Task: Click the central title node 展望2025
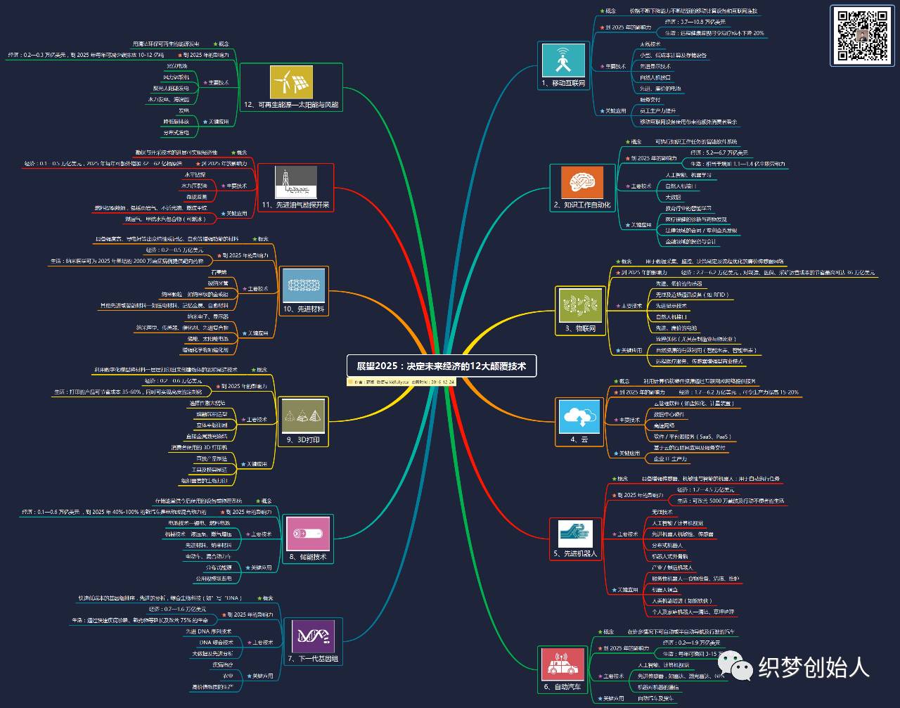(442, 366)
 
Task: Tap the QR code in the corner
(862, 35)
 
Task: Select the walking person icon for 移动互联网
(562, 60)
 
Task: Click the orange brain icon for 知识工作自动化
(581, 182)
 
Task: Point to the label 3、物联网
(580, 328)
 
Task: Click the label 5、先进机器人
(575, 553)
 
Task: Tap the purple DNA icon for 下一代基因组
(313, 637)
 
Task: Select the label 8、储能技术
(308, 557)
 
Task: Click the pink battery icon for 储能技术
(308, 534)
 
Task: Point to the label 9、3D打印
(304, 440)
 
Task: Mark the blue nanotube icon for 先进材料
(304, 286)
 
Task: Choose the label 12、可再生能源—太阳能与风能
(291, 105)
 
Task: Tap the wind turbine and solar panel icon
(291, 82)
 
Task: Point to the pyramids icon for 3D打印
(304, 416)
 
